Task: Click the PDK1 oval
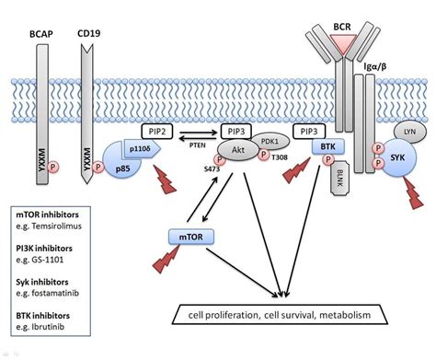point(270,143)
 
